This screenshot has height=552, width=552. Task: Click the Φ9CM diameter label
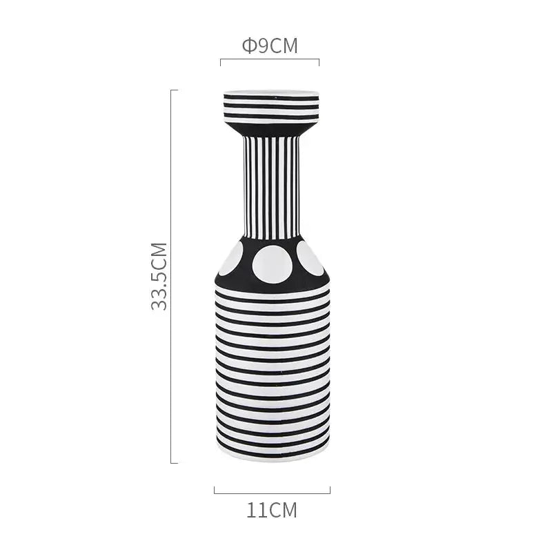(270, 46)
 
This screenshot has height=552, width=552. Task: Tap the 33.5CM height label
(160, 276)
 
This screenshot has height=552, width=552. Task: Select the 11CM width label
(272, 511)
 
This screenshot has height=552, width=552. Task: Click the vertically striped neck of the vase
(270, 186)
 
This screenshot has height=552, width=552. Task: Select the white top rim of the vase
(270, 92)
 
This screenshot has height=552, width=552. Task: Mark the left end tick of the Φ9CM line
(221, 62)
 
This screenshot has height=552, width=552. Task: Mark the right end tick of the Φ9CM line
(319, 62)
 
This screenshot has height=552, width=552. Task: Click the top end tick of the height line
(174, 90)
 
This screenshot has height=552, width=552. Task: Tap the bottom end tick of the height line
(174, 462)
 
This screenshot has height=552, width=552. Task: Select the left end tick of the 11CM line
(215, 490)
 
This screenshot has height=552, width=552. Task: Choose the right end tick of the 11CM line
(330, 490)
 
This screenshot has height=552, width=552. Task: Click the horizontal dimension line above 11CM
(272, 493)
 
